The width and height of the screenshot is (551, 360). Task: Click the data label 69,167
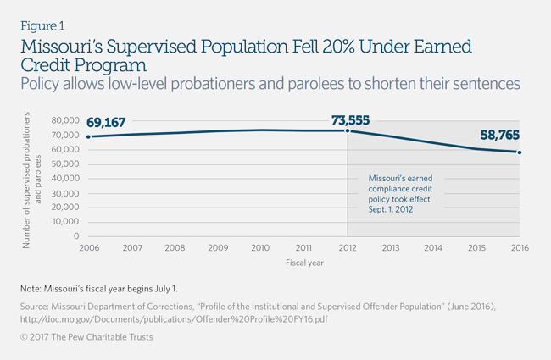[106, 123]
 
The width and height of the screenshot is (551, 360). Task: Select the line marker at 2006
[88, 136]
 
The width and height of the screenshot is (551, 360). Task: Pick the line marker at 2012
[348, 130]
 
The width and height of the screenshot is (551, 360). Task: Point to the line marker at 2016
[520, 152]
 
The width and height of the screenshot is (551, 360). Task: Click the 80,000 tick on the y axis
[66, 121]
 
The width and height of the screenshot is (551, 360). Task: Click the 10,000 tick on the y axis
[66, 222]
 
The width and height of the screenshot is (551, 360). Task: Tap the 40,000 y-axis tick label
[66, 179]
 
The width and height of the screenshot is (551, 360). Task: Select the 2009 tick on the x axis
[218, 248]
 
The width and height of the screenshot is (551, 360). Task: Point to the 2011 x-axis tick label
[304, 248]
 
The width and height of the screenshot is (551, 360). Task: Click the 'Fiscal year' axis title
[303, 263]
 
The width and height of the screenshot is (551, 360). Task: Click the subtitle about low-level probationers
[270, 84]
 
